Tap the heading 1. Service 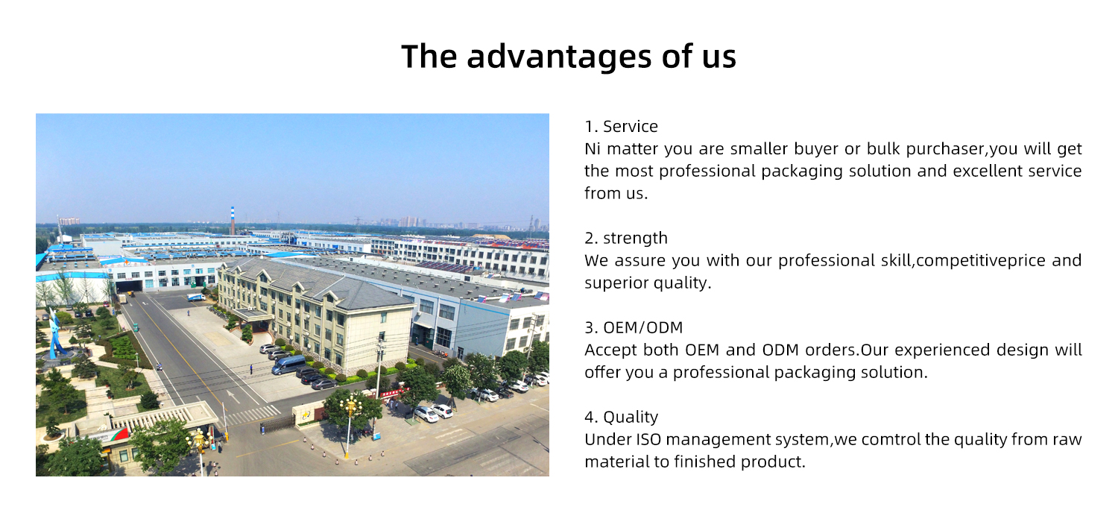tap(621, 127)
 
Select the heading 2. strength tap(625, 239)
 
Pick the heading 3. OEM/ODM tap(633, 327)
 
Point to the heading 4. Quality tap(621, 417)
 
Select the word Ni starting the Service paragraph tap(593, 149)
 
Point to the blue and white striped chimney tap(233, 221)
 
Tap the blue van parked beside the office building tap(288, 365)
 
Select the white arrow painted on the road tap(233, 394)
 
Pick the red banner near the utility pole tap(394, 391)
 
